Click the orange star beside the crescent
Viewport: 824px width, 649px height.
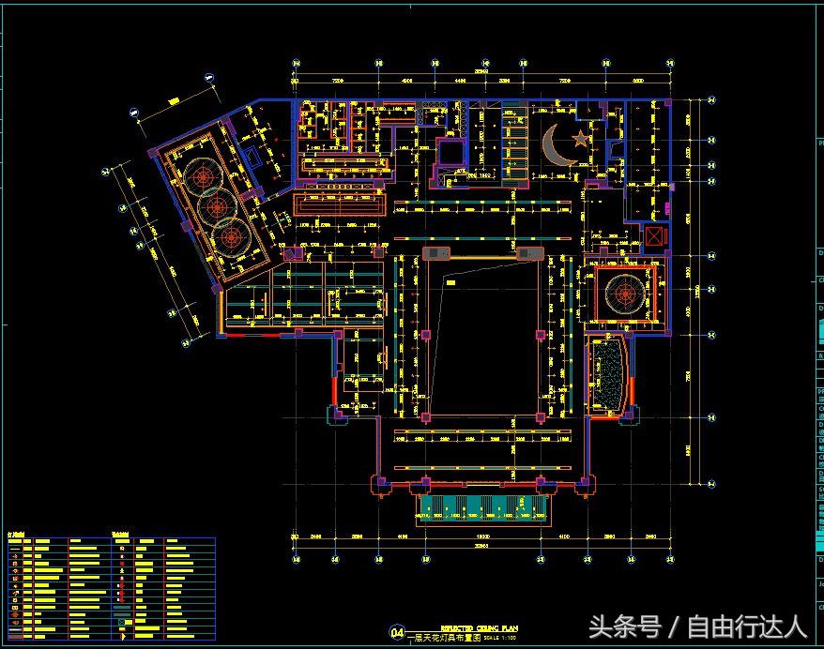580,140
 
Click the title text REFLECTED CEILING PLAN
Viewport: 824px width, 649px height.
479,627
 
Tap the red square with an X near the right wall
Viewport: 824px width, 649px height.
653,236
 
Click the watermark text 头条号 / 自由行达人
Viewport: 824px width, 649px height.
696,626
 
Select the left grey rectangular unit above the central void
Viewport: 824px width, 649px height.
436,253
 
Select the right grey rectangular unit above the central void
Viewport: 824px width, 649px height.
530,253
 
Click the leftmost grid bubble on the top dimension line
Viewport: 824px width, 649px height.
296,64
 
